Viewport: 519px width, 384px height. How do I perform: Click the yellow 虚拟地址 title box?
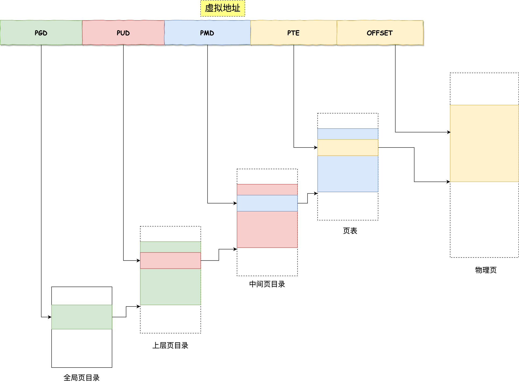tap(223, 8)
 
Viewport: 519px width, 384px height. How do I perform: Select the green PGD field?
tap(41, 33)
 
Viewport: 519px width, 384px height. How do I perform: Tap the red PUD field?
tap(123, 33)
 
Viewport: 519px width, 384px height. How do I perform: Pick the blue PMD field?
tap(207, 33)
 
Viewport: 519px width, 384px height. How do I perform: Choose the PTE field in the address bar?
tap(293, 33)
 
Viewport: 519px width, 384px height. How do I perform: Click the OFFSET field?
tap(380, 33)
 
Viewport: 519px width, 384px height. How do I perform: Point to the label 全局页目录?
tap(81, 378)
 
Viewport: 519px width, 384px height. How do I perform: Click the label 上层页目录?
tap(170, 345)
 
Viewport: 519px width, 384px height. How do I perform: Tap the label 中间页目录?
tap(267, 284)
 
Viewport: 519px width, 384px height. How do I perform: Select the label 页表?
tap(350, 231)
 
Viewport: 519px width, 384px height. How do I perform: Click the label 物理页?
tap(486, 270)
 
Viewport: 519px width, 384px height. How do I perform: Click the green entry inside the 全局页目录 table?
tap(82, 317)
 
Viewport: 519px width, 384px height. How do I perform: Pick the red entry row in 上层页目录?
tap(170, 260)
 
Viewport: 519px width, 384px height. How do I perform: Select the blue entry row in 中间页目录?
tap(267, 203)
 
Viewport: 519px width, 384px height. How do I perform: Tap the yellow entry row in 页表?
tap(348, 147)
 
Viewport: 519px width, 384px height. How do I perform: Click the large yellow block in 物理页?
tap(484, 143)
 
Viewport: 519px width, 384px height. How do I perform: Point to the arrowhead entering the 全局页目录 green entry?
tap(50, 317)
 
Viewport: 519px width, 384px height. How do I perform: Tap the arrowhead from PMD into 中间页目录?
tap(235, 203)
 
